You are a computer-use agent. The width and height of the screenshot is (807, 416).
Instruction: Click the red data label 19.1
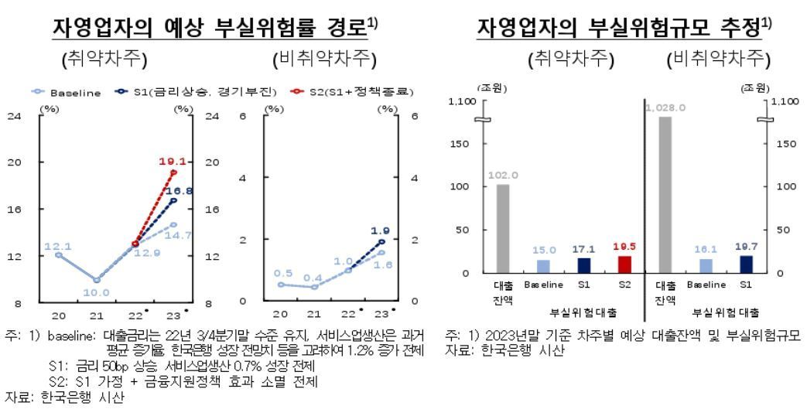[170, 162]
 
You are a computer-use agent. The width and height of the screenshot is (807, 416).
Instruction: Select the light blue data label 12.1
[56, 246]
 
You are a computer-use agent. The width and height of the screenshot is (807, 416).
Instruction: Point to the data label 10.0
[97, 292]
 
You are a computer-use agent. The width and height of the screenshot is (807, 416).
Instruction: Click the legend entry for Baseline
[73, 93]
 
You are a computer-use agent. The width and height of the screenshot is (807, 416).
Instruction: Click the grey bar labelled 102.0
[502, 228]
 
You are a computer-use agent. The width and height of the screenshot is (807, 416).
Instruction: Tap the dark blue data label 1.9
[381, 230]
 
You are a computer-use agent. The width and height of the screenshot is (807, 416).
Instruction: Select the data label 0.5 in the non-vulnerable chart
[283, 274]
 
